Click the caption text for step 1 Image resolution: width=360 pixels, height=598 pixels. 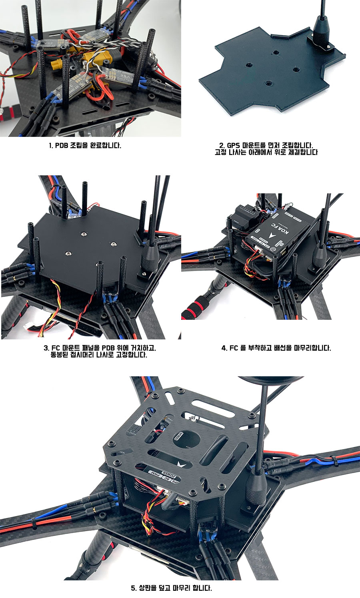[x=85, y=145]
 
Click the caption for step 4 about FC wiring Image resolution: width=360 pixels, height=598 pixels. [x=276, y=348]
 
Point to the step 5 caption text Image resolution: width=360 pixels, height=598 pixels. [x=171, y=588]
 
